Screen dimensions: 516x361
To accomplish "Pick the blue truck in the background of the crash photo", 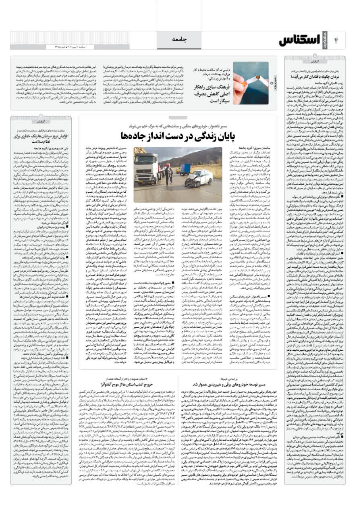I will point(185,169).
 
